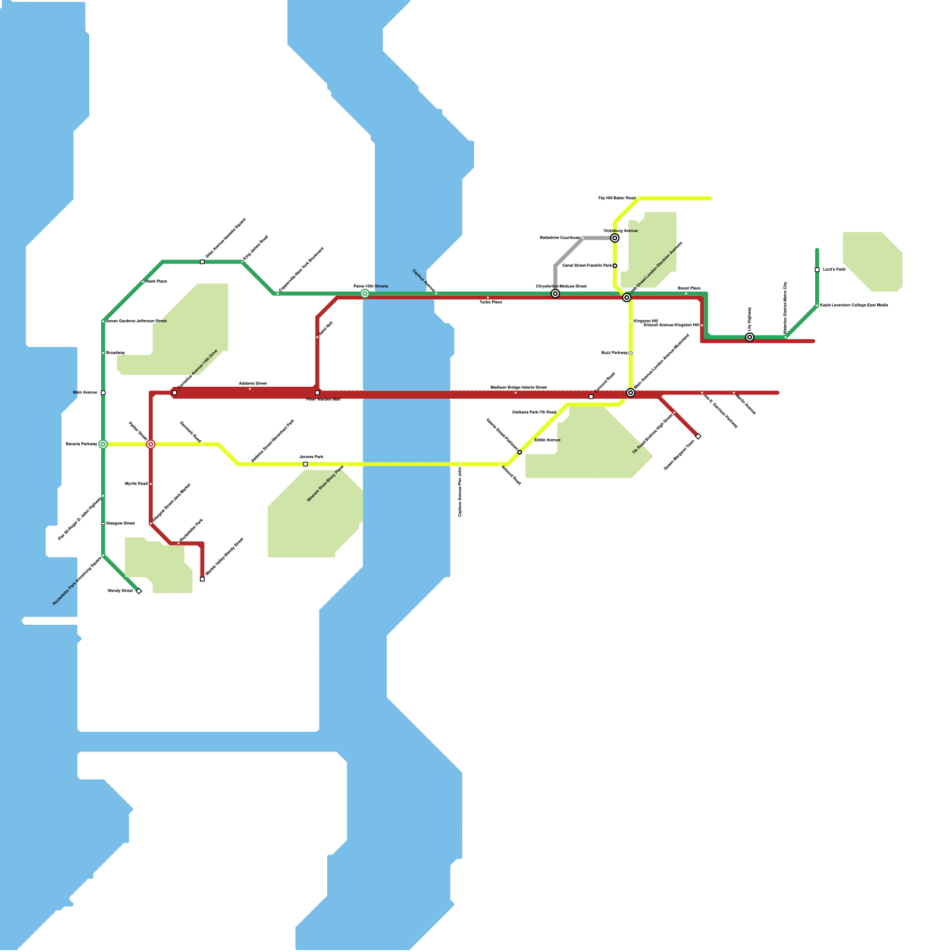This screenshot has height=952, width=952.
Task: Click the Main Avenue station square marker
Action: point(103,393)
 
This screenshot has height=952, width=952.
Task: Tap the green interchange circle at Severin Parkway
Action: point(103,444)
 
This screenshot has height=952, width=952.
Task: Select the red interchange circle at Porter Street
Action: point(151,444)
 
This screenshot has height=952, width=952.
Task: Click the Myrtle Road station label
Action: point(136,484)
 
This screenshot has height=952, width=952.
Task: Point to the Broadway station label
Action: point(115,353)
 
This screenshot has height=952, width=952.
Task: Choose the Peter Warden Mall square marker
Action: point(317,393)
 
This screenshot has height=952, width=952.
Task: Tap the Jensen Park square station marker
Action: point(305,464)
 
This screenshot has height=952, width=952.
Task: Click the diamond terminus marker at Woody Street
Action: point(139,591)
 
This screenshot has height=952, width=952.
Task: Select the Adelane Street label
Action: point(253,383)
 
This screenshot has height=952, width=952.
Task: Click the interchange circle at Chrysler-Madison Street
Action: point(555,293)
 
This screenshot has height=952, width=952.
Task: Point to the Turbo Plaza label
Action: point(491,302)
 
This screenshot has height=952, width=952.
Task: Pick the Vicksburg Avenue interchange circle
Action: point(615,238)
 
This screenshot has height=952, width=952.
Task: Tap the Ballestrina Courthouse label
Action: point(560,237)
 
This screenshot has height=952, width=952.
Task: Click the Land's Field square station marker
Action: point(817,270)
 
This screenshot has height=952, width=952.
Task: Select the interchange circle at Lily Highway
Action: point(750,337)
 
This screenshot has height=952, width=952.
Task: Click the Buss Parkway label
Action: point(614,353)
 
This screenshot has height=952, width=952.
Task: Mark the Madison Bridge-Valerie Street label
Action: point(518,387)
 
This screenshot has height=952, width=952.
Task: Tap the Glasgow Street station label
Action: point(120,524)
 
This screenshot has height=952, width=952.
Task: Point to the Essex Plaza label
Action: point(689,288)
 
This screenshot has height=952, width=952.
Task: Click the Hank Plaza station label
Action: point(156,281)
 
